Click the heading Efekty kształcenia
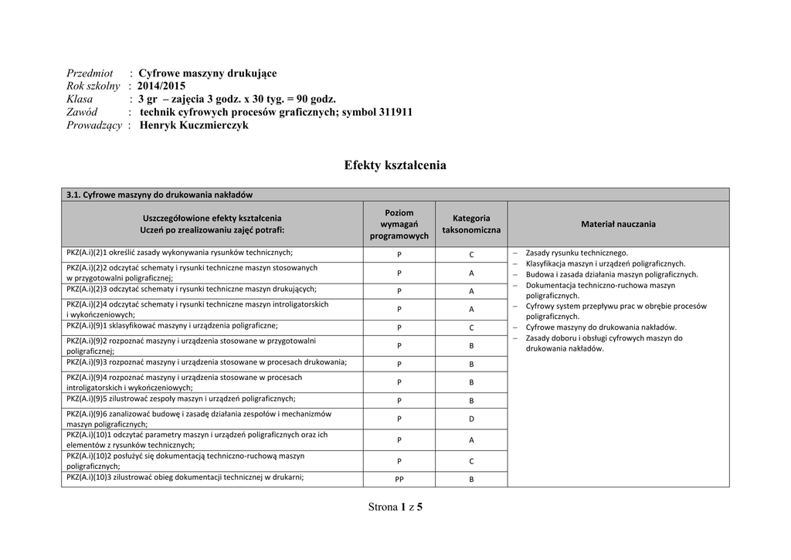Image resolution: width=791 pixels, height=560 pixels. click(395, 165)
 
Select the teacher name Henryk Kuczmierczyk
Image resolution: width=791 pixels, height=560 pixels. click(194, 125)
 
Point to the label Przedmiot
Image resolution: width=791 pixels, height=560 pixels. click(90, 73)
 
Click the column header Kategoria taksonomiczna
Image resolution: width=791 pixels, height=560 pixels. click(470, 224)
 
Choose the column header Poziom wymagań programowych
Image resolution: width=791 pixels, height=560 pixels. click(399, 224)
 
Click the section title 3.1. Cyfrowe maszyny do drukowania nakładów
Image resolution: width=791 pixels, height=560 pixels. click(160, 195)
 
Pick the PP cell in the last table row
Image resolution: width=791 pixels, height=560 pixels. click(399, 480)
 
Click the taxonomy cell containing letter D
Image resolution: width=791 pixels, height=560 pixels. click(471, 419)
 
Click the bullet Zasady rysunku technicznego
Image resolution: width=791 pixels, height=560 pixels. click(576, 253)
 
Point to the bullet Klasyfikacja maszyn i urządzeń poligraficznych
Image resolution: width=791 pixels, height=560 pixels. click(605, 263)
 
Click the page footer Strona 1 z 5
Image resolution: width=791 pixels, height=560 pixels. click(395, 507)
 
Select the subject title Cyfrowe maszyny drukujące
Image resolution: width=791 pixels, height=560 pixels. click(207, 73)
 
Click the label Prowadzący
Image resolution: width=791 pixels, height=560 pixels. click(94, 125)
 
